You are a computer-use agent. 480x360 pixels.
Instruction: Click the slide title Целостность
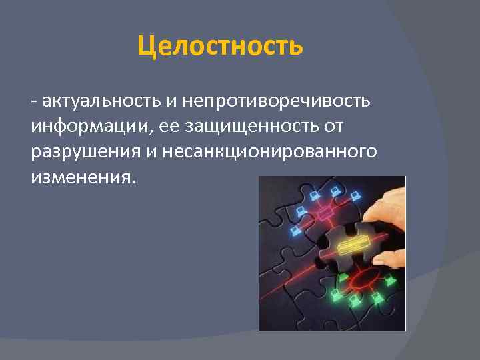(220, 47)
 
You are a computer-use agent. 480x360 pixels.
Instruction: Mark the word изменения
(81, 177)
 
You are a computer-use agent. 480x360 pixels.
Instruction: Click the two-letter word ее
(164, 126)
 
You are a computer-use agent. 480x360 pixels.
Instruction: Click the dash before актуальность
(33, 101)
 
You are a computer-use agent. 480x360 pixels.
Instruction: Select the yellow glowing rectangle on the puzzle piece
(354, 245)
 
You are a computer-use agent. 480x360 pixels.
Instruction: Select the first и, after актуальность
(171, 101)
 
